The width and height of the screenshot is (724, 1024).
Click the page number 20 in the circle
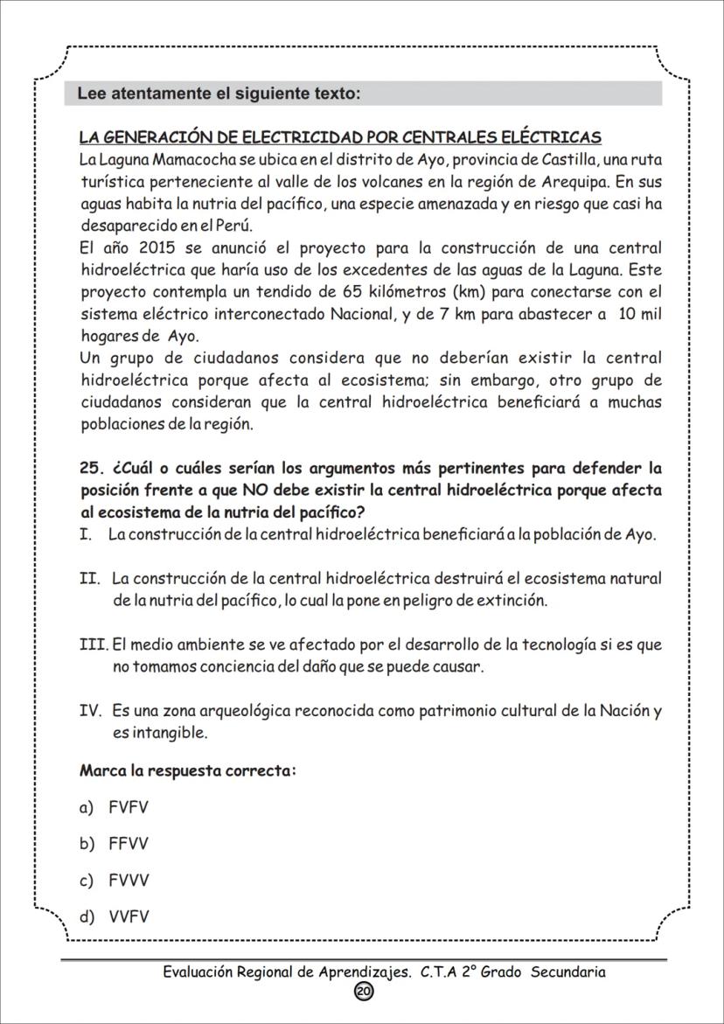364,991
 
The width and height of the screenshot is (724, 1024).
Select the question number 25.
92,468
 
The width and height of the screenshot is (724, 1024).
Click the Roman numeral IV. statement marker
92,711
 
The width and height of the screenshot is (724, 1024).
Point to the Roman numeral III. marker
94,645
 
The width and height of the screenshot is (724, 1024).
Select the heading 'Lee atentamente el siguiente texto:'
219,94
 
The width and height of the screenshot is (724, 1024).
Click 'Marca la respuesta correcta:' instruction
187,771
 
